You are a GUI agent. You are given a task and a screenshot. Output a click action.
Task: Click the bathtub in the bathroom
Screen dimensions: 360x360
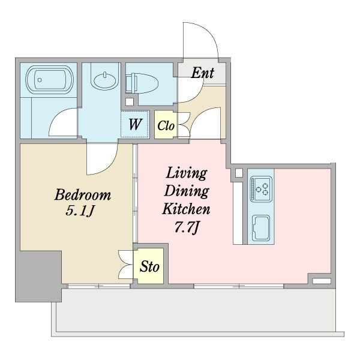click(50, 79)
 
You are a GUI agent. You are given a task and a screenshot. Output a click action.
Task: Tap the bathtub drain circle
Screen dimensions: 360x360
click(40, 80)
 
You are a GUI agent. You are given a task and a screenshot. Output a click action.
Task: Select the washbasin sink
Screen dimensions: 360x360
click(105, 82)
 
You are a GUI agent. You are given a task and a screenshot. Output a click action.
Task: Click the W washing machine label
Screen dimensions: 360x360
click(134, 124)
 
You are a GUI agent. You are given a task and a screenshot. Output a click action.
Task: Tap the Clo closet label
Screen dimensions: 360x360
click(166, 126)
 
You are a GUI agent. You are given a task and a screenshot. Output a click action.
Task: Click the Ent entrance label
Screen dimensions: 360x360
click(203, 73)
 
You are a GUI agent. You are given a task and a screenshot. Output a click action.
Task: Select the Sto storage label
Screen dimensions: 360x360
click(149, 266)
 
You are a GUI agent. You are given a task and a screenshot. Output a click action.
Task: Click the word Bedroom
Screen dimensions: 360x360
click(83, 194)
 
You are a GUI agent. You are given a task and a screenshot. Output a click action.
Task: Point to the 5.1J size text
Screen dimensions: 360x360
click(80, 211)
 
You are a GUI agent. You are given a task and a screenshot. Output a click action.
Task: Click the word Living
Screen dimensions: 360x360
click(187, 173)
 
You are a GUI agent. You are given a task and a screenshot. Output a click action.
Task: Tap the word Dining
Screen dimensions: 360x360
click(187, 191)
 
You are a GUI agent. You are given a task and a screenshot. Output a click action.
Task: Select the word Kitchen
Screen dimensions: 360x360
click(186, 209)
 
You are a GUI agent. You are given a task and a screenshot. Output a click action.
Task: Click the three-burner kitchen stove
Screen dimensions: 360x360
click(261, 189)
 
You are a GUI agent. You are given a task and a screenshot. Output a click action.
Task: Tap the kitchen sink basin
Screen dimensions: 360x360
click(261, 227)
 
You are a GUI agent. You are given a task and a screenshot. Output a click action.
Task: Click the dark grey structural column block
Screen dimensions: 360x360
click(38, 276)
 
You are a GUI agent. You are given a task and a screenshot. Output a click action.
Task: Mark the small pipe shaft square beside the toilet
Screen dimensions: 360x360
click(130, 101)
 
